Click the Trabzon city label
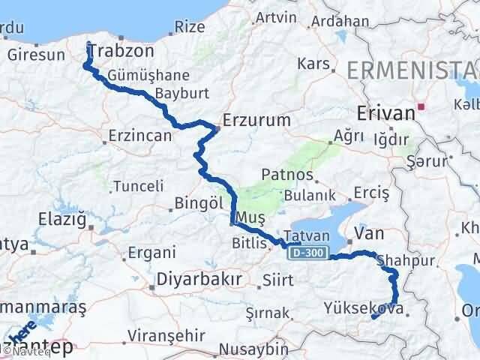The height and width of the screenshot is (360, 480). pyautogui.click(x=121, y=52)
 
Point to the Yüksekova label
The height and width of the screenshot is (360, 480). pyautogui.click(x=367, y=308)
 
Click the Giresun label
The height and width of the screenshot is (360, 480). pyautogui.click(x=36, y=55)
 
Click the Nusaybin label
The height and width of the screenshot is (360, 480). pyautogui.click(x=255, y=349)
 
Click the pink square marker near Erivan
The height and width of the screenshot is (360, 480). pyautogui.click(x=422, y=106)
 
